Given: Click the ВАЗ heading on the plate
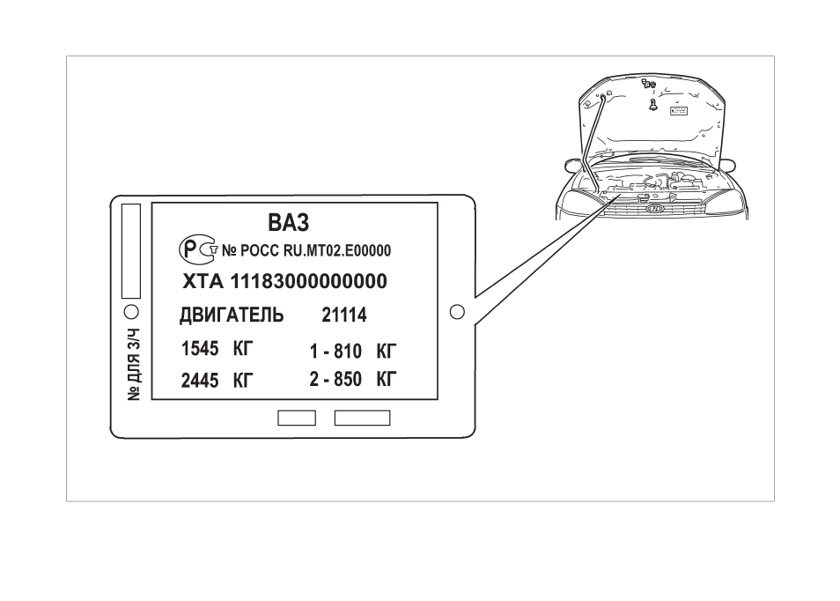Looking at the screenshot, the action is point(288,222).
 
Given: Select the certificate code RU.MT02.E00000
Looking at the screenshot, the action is point(337,251).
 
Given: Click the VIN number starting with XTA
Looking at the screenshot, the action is point(284,281).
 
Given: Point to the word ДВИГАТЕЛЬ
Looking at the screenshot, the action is point(232,315).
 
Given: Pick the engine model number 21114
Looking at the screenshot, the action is point(344,315).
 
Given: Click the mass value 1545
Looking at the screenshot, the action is point(200,349).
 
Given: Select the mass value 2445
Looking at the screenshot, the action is point(200,381).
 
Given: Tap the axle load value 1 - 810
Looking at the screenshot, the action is point(335,352).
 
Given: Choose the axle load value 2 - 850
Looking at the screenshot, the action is point(335,380).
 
